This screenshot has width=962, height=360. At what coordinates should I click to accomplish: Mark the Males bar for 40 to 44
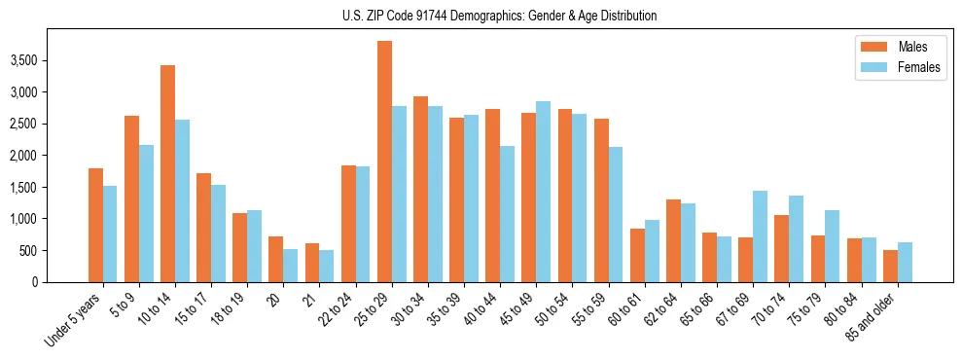pyautogui.click(x=493, y=196)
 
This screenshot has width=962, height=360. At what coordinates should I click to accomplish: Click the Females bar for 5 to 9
pyautogui.click(x=146, y=213)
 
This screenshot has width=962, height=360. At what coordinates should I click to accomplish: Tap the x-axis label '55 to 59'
pyautogui.click(x=588, y=309)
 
